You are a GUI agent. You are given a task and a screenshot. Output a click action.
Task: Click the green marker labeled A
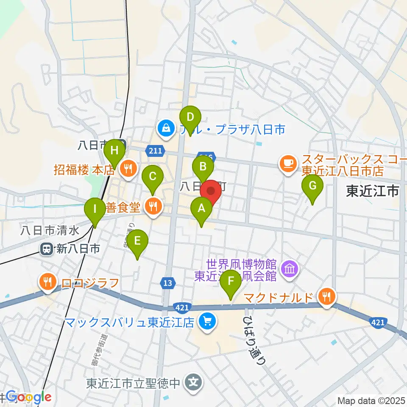[201, 209]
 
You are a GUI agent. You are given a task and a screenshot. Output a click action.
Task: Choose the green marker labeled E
[137, 241]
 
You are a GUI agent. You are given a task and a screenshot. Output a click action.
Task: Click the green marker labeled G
[312, 187]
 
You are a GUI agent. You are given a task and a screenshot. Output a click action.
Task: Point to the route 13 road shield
[168, 283]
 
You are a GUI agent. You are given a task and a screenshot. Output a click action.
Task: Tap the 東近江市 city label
[373, 191]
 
